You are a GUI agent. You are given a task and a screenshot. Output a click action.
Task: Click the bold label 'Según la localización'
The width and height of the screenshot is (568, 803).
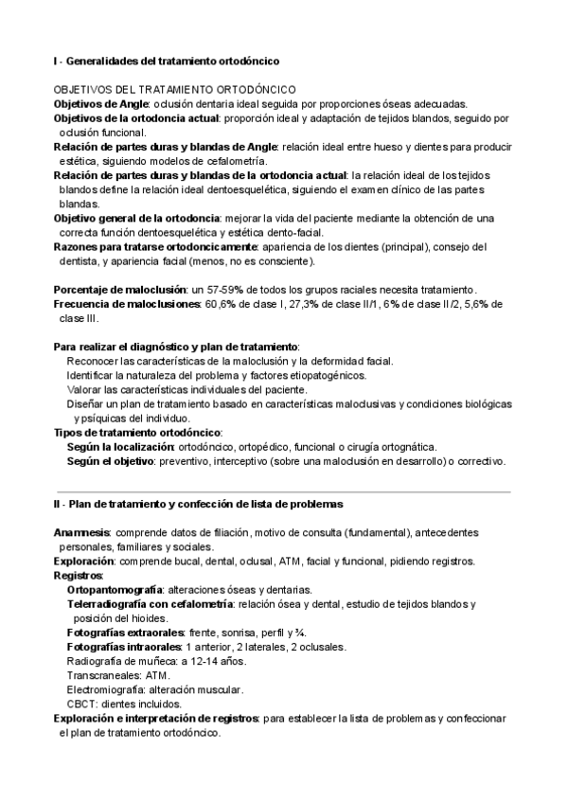click(121, 446)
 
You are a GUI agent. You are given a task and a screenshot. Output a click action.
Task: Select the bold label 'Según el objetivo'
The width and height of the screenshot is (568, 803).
click(111, 461)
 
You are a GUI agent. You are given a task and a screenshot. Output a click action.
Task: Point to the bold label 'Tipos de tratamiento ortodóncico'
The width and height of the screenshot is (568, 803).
click(136, 432)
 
